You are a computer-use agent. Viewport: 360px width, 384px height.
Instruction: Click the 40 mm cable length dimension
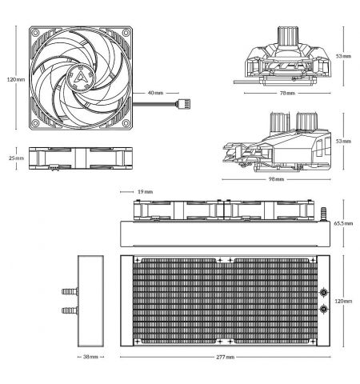pyautogui.click(x=155, y=93)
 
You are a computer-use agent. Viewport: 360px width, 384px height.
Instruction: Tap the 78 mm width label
pyautogui.click(x=287, y=93)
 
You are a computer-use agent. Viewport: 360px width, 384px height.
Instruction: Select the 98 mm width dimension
pyautogui.click(x=276, y=179)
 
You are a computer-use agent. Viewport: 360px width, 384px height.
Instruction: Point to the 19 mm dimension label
pyautogui.click(x=146, y=192)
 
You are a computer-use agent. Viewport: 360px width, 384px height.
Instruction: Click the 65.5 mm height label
pyautogui.click(x=343, y=223)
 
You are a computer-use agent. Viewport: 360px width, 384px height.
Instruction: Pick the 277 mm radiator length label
pyautogui.click(x=226, y=357)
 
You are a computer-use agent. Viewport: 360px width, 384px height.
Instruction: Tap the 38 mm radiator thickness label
pyautogui.click(x=90, y=357)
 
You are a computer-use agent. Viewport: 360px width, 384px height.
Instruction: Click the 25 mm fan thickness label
pyautogui.click(x=16, y=158)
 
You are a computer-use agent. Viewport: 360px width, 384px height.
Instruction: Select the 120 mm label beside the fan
pyautogui.click(x=16, y=79)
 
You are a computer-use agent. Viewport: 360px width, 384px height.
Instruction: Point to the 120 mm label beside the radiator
pyautogui.click(x=343, y=301)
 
